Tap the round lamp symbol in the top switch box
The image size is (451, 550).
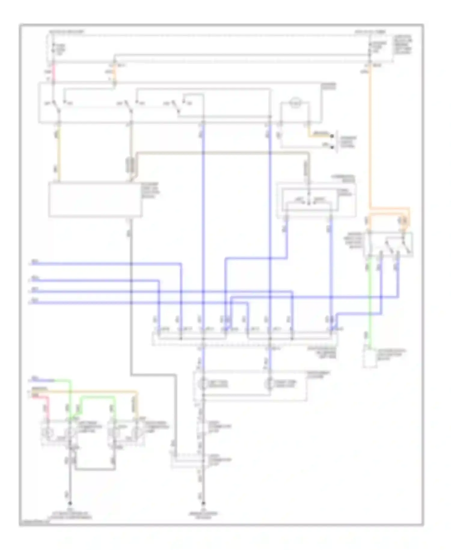click(295, 103)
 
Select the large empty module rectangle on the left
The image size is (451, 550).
click(95, 199)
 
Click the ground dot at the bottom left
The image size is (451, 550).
click(70, 503)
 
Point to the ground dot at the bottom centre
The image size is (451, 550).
click(203, 503)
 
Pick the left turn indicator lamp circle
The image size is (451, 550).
click(203, 384)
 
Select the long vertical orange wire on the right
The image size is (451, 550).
click(370, 135)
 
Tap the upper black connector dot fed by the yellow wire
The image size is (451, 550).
click(332, 136)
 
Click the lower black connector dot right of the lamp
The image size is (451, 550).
click(332, 147)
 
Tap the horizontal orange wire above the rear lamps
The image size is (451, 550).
click(90, 391)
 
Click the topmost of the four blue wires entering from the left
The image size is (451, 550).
click(105, 264)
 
